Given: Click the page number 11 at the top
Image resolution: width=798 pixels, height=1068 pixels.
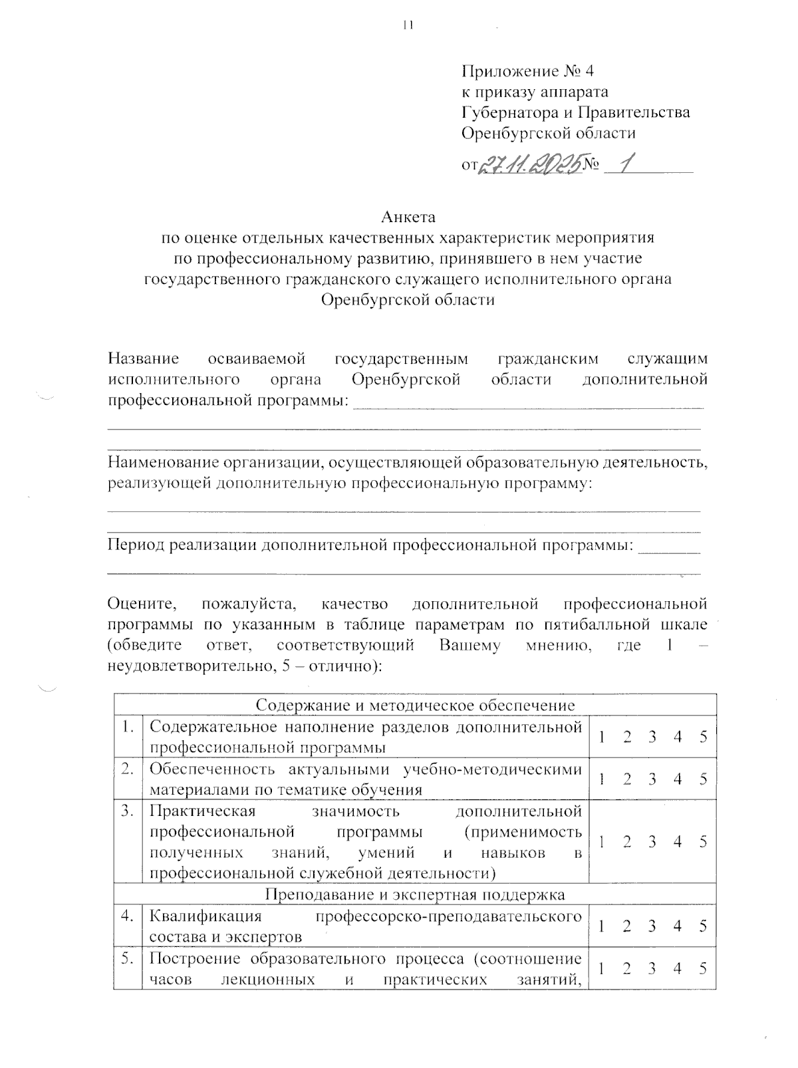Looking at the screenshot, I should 408,25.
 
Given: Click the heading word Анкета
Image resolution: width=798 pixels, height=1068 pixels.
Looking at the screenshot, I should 408,217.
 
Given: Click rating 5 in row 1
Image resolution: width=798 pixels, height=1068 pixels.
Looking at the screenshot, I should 703,737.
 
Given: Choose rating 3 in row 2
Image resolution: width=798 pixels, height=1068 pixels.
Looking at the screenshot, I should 652,779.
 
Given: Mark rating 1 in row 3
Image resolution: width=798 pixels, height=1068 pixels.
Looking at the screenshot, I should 601,842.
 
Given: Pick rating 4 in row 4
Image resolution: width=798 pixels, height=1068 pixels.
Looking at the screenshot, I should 678,926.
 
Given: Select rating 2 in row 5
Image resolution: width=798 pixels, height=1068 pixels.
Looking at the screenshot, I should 626,969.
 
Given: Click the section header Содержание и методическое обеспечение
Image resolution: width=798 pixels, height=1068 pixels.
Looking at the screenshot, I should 415,705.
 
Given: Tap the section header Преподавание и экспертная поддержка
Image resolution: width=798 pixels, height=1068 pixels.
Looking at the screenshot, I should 415,894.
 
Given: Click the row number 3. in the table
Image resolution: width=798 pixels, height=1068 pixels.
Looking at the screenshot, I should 127,811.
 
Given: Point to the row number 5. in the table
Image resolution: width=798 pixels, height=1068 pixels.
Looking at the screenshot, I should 127,959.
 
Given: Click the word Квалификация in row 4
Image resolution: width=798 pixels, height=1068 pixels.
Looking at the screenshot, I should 205,916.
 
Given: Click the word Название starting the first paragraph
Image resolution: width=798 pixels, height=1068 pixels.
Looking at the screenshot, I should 144,359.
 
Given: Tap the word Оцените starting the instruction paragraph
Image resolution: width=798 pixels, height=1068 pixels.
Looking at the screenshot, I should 142,604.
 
